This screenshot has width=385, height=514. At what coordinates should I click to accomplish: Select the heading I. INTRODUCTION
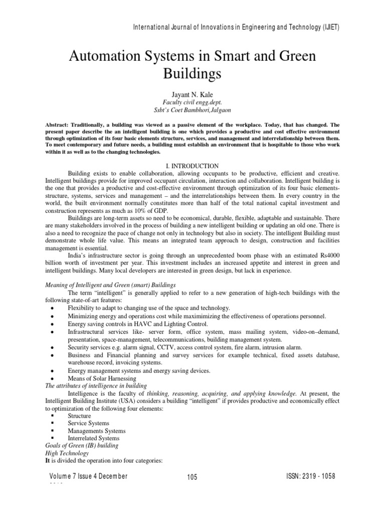[192, 165]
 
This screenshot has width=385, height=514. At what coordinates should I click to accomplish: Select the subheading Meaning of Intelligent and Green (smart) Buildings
[107, 285]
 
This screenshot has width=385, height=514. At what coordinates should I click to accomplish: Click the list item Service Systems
[88, 423]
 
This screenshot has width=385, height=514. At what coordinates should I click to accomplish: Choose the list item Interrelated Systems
[94, 438]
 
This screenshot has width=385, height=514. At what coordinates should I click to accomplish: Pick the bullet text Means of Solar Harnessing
[102, 378]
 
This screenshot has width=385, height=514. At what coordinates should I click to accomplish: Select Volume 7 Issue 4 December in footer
[88, 476]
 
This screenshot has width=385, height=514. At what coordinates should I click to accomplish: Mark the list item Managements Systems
[97, 431]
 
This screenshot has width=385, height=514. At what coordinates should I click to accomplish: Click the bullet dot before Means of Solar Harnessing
[54, 378]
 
